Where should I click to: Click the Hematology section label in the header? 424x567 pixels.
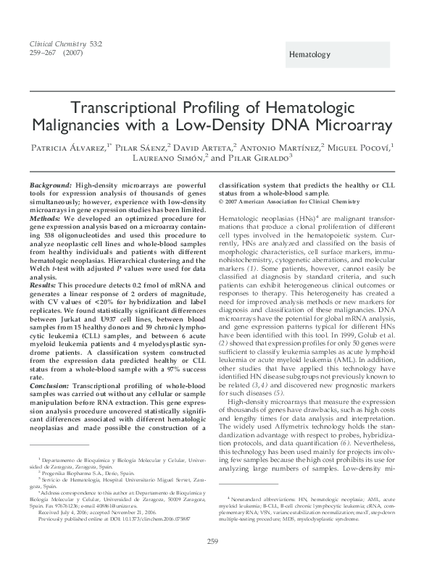point(309,55)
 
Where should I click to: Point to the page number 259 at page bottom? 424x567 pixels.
point(212,541)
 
